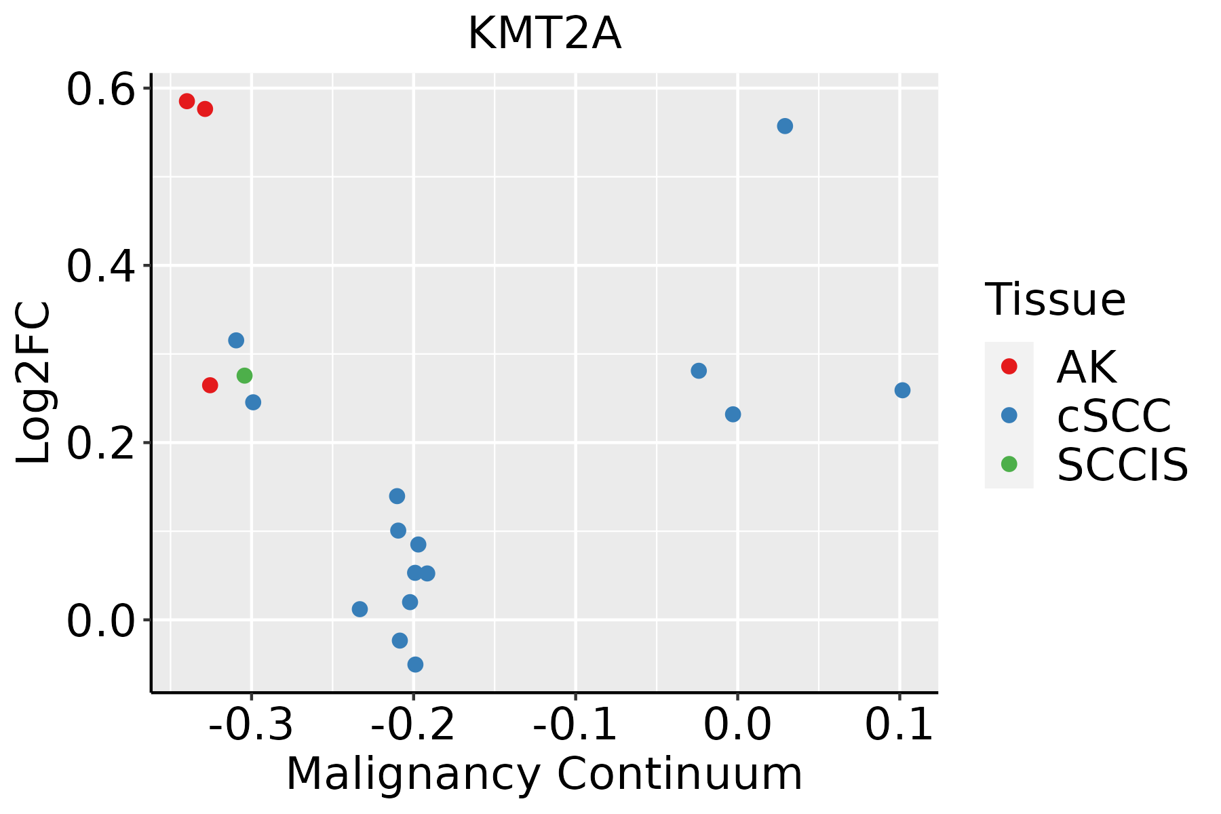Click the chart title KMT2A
coord(544,34)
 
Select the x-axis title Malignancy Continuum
coord(544,775)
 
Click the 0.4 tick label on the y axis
coord(99,266)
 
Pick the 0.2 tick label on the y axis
coord(99,443)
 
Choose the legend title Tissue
coord(1055,299)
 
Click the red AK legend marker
coord(1009,366)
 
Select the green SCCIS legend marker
coord(1009,464)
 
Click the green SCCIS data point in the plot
coord(245,376)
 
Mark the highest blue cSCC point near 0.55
coord(785,126)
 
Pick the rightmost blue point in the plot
coord(902,390)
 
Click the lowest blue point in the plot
coord(415,664)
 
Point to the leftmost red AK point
coord(187,101)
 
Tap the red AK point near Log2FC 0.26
coord(210,385)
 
